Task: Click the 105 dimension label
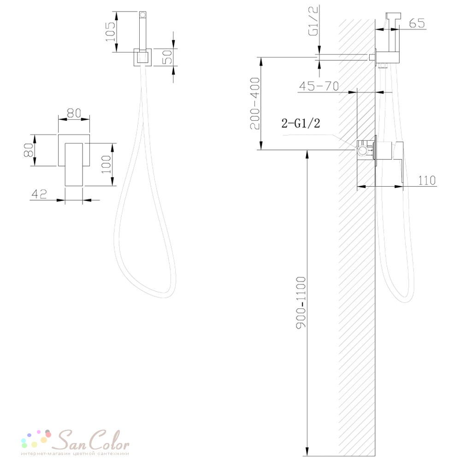click(x=111, y=32)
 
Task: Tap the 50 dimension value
click(x=167, y=57)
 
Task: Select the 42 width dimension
click(x=39, y=194)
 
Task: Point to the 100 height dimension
click(x=106, y=165)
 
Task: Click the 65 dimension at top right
click(x=417, y=23)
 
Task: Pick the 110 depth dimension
click(x=426, y=180)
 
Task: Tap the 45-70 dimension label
click(x=319, y=86)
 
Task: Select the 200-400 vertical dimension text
click(x=255, y=103)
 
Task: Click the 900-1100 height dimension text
click(x=301, y=302)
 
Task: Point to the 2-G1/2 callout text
click(x=301, y=123)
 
